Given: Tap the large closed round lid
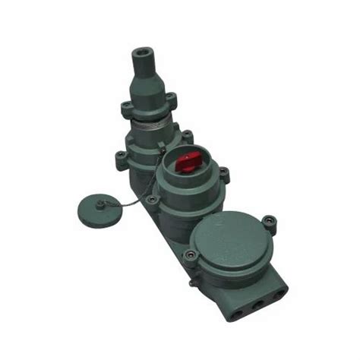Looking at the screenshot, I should point(229,243).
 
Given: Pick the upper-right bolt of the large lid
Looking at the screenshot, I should point(269,223).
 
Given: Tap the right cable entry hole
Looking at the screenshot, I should point(279,292).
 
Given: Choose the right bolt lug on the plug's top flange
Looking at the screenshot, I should point(172,98).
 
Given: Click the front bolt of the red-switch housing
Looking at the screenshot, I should point(153,200).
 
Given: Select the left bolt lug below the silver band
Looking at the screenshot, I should point(119,159).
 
